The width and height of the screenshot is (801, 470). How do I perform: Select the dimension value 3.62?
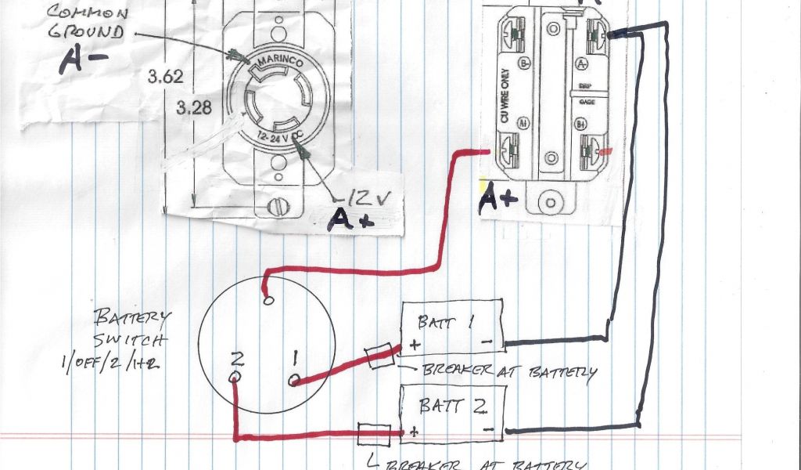point(164,77)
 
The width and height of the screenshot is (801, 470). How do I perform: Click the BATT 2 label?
point(444,406)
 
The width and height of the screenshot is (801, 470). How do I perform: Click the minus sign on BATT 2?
point(487,431)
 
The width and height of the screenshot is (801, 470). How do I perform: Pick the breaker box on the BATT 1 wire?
point(380,356)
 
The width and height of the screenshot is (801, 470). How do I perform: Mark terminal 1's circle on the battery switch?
point(294,380)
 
